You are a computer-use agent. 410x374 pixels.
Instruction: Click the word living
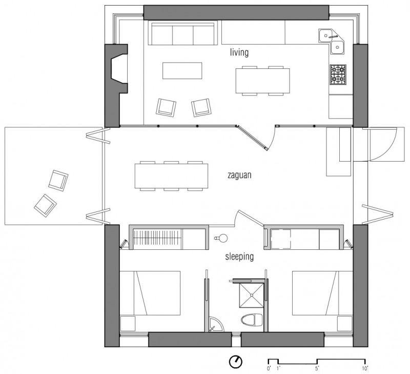pyautogui.click(x=239, y=52)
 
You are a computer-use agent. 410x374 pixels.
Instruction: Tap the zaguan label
pyautogui.click(x=239, y=175)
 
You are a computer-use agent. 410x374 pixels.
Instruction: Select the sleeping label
pyautogui.click(x=239, y=257)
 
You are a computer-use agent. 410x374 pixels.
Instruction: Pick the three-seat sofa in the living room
pyautogui.click(x=183, y=33)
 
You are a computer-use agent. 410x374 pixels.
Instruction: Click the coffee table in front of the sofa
pyautogui.click(x=182, y=70)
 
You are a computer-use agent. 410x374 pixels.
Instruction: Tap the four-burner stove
pyautogui.click(x=338, y=74)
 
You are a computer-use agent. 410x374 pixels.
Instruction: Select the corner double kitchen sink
pyautogui.click(x=331, y=42)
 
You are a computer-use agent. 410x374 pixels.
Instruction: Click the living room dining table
pyautogui.click(x=262, y=81)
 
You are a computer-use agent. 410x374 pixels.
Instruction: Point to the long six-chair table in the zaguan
pyautogui.click(x=171, y=176)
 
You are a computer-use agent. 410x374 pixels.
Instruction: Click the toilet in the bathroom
pyautogui.click(x=252, y=320)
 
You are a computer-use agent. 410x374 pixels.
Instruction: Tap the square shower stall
pyautogui.click(x=252, y=295)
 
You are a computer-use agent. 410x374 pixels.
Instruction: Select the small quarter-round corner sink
pyautogui.click(x=216, y=325)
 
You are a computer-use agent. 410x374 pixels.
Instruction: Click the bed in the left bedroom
pyautogui.click(x=150, y=293)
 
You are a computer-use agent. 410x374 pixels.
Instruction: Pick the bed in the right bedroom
pyautogui.click(x=322, y=293)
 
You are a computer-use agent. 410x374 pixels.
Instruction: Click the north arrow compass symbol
pyautogui.click(x=236, y=362)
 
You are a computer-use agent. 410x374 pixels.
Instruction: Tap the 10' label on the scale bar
pyautogui.click(x=365, y=368)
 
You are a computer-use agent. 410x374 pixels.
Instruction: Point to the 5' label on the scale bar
pyautogui.click(x=317, y=368)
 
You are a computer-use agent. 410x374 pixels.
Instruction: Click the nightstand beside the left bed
pyautogui.click(x=128, y=324)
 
